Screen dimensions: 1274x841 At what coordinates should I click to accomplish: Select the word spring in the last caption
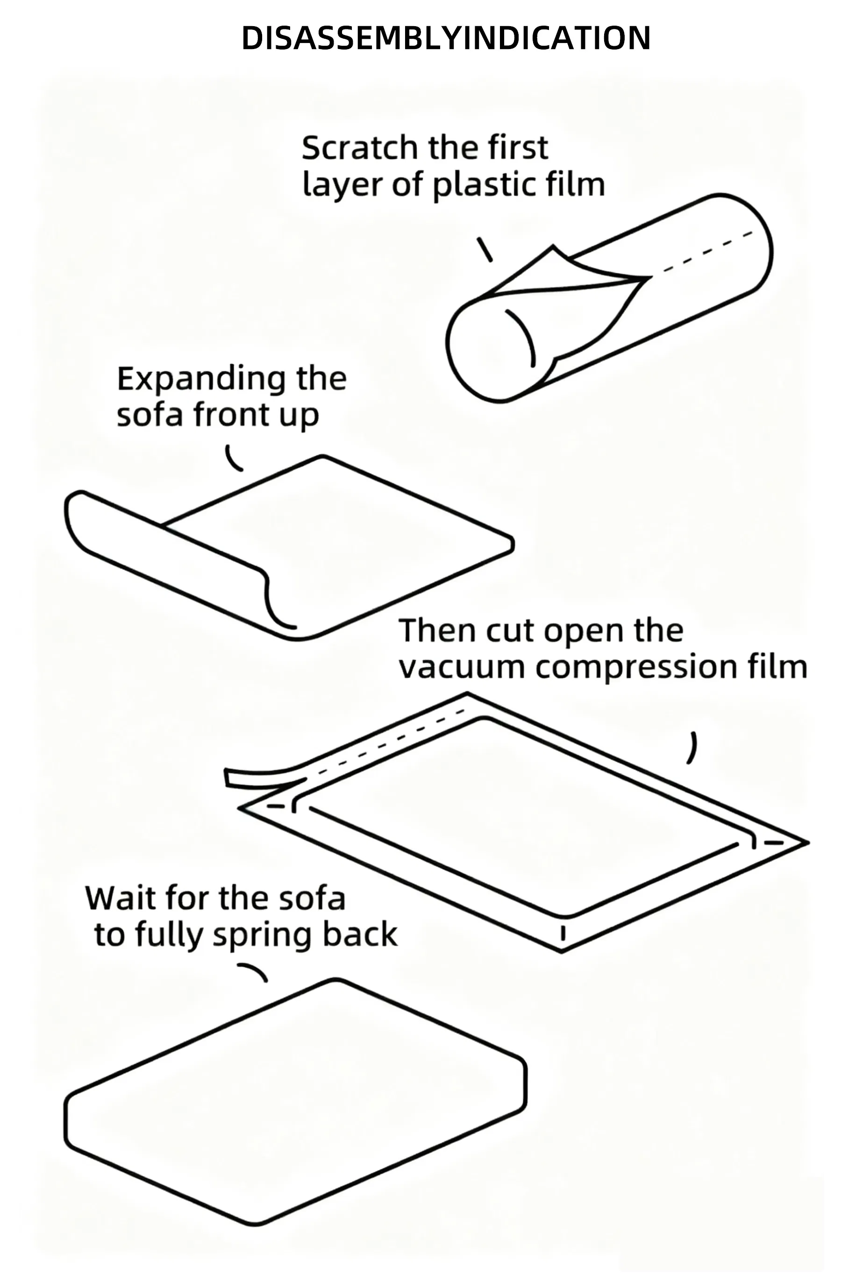click(262, 936)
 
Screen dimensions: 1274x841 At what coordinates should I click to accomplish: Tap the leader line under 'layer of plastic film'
click(485, 249)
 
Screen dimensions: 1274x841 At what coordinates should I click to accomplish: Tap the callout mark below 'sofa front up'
click(232, 459)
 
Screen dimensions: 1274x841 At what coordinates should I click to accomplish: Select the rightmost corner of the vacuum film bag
click(805, 843)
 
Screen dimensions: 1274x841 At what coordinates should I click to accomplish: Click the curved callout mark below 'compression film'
click(692, 747)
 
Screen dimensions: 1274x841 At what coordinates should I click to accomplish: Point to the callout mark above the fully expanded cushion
click(253, 972)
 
